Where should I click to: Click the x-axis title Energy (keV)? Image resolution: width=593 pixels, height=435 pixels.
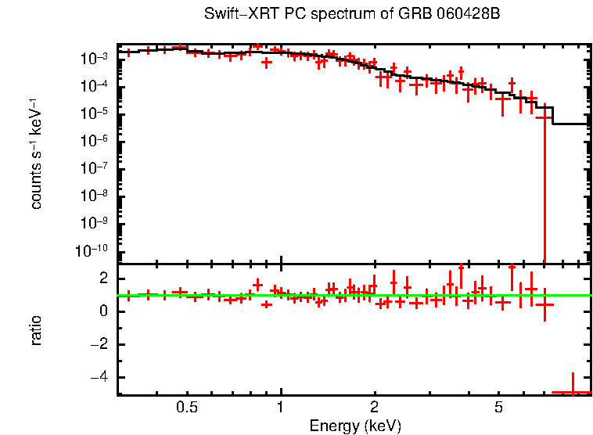(x=355, y=426)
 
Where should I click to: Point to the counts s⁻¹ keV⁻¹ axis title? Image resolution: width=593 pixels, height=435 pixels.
(x=36, y=155)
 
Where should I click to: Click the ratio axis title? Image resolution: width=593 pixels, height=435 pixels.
(x=36, y=330)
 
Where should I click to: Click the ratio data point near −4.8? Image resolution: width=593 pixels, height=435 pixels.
(x=573, y=391)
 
